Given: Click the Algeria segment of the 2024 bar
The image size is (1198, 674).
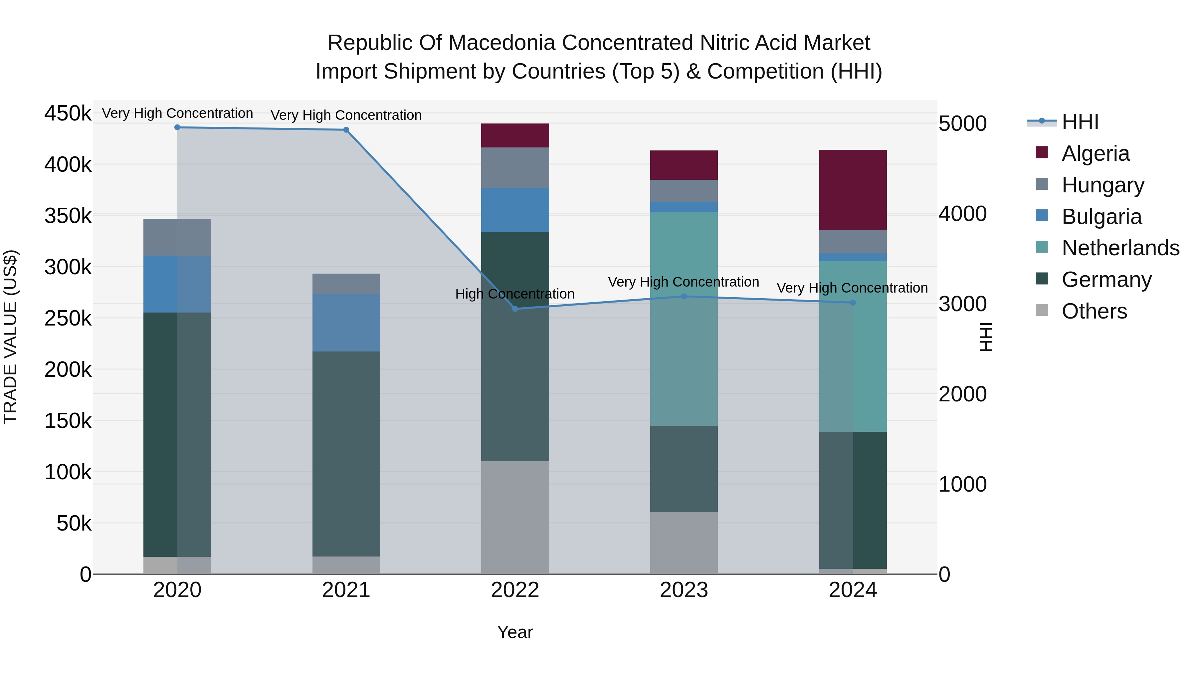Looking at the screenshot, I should pos(853,190).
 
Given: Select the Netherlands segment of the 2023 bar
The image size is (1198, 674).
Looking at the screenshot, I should pos(684,319).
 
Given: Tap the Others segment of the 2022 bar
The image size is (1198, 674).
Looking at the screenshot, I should pos(515,517).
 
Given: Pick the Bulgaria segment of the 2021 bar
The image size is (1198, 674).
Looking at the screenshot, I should pos(346,322).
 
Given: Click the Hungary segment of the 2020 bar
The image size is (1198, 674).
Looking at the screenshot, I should pos(177,237).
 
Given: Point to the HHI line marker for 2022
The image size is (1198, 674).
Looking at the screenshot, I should pos(515,309).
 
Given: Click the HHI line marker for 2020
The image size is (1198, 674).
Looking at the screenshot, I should pos(177,127).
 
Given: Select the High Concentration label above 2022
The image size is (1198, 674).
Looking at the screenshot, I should pos(515,294).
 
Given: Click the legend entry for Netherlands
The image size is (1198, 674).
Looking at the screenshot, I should pos(1120,248).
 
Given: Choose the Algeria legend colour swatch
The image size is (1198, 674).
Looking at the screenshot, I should pos(1042,152).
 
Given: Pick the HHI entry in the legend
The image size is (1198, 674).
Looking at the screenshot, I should pos(1080,122).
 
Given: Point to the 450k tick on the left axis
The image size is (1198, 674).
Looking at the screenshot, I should pos(68,113).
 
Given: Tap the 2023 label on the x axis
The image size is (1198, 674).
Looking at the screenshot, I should pos(684,590).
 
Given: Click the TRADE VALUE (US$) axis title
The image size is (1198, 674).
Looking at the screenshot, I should pos(10,337).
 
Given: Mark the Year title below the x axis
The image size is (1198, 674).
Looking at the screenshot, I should pos(515,632).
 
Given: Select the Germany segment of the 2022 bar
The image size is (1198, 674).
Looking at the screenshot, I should pos(515,346).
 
